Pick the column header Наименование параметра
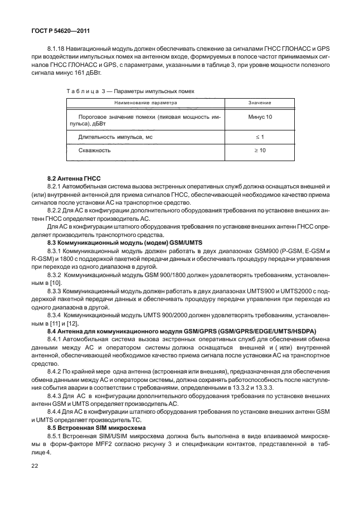[x=146, y=103]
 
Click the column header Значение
[x=260, y=103]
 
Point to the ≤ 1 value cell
[x=260, y=137]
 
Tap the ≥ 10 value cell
[x=260, y=151]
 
